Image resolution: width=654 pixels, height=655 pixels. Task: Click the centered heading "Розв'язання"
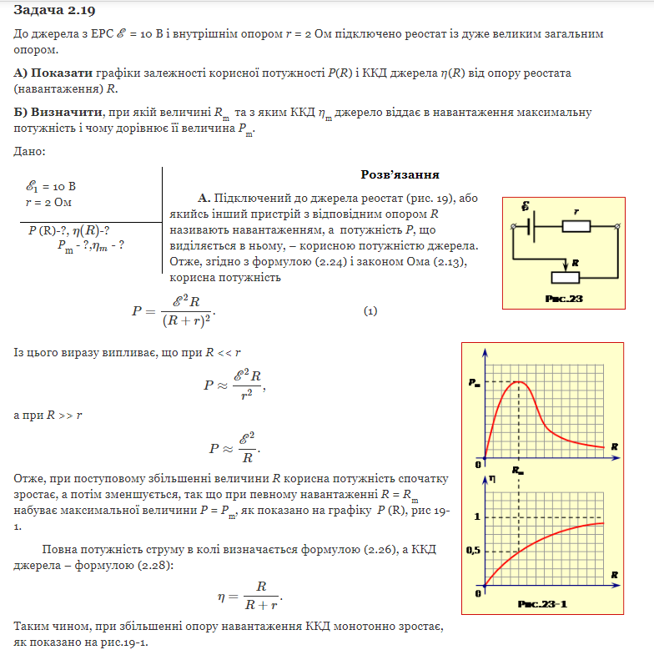coord(400,174)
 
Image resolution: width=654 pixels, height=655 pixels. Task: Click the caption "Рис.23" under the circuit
coord(563,299)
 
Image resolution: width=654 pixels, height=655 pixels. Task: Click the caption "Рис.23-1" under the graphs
coord(542,602)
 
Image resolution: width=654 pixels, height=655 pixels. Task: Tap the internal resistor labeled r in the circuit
coord(576,225)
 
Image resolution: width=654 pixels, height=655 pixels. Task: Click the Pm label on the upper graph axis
coord(475,382)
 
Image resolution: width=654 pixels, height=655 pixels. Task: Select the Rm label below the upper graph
coord(519,471)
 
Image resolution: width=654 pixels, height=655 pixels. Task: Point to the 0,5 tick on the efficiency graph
coord(472,552)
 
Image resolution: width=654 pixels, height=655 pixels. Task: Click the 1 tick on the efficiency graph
coord(476,516)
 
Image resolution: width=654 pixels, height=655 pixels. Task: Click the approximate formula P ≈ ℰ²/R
coord(234,448)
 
